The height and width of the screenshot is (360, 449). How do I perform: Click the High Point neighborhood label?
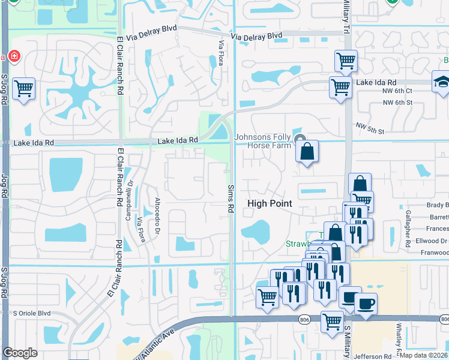(x=270, y=204)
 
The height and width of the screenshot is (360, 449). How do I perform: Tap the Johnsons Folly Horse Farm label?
(x=262, y=141)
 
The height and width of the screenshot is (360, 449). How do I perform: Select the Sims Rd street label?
(x=231, y=199)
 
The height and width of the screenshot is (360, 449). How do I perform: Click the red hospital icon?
(x=13, y=58)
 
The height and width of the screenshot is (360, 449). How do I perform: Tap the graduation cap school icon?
(x=442, y=82)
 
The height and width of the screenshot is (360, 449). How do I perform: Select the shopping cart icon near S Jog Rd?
(x=23, y=89)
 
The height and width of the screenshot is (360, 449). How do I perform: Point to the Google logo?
(x=20, y=353)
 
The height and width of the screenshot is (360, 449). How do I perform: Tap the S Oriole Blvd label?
(x=32, y=313)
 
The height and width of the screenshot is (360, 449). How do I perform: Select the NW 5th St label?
(x=369, y=127)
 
